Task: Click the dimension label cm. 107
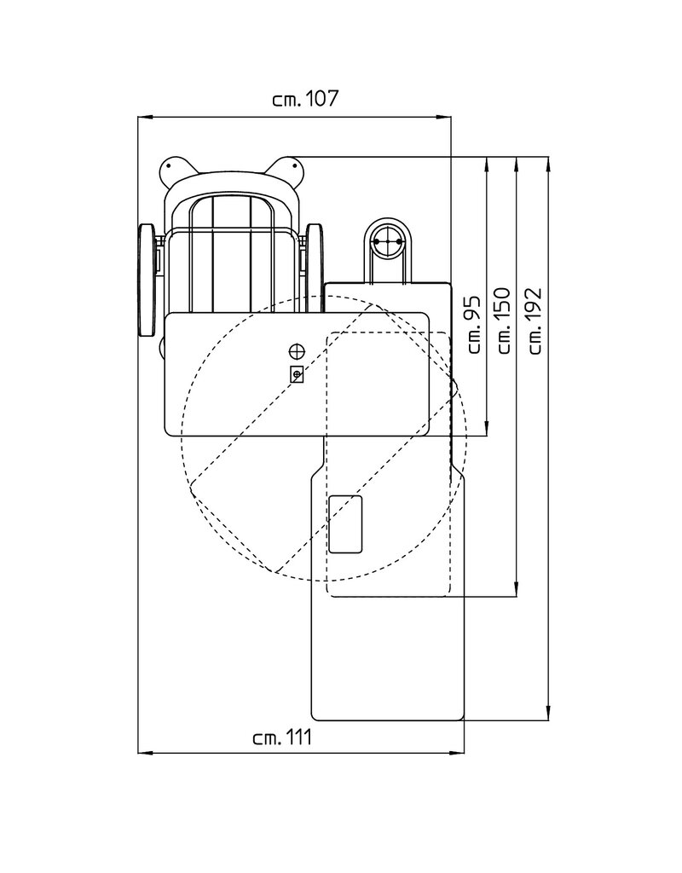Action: (x=305, y=99)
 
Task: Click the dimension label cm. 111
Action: (x=282, y=737)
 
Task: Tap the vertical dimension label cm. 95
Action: (x=472, y=325)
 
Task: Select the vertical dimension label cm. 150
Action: (x=503, y=321)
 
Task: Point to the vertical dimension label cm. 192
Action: (x=535, y=321)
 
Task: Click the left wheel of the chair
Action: (x=147, y=280)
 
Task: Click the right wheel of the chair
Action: (x=315, y=267)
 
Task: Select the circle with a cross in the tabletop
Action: (x=297, y=350)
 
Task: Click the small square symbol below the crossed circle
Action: (x=297, y=374)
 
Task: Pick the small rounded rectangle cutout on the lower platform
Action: (x=346, y=524)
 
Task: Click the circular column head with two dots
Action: (x=388, y=241)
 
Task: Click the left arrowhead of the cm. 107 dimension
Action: (x=145, y=117)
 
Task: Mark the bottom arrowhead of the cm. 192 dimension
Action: (x=549, y=714)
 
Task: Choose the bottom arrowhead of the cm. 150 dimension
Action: (x=517, y=590)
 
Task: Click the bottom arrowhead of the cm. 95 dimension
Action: (x=487, y=428)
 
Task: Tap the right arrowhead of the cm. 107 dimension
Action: (x=443, y=117)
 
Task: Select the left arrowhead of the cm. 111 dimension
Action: (x=145, y=753)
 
